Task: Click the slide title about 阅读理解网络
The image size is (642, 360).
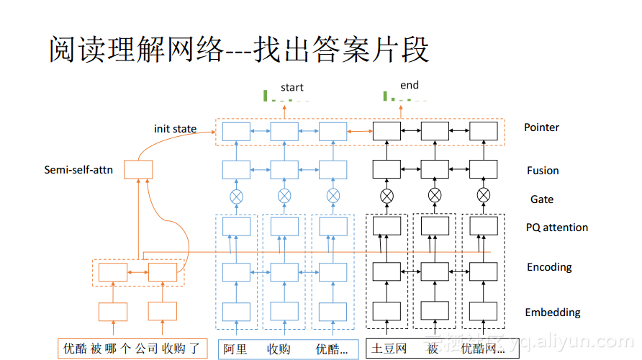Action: click(239, 50)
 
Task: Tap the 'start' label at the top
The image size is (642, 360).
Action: click(291, 87)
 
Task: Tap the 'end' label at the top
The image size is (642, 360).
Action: click(409, 85)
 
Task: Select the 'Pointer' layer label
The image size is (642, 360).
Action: click(541, 127)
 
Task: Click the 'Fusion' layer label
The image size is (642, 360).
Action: click(543, 171)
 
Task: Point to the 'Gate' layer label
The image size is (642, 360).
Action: click(542, 199)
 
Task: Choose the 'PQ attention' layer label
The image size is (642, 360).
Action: click(556, 228)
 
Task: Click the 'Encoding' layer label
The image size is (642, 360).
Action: click(549, 267)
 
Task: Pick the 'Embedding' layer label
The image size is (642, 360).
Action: click(552, 312)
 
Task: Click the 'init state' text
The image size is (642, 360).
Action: click(175, 129)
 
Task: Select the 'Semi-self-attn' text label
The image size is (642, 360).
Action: click(78, 171)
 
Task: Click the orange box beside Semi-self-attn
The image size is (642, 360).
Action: click(138, 170)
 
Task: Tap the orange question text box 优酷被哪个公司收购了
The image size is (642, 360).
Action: click(132, 349)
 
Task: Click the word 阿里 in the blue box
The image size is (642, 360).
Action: click(235, 349)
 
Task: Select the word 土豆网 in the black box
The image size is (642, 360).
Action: click(389, 349)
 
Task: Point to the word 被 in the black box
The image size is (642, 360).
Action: click(433, 349)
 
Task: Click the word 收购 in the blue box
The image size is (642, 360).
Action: click(279, 349)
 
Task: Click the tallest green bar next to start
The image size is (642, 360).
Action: click(266, 94)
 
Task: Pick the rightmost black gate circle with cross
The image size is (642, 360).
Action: click(484, 195)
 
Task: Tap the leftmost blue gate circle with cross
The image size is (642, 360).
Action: click(236, 195)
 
